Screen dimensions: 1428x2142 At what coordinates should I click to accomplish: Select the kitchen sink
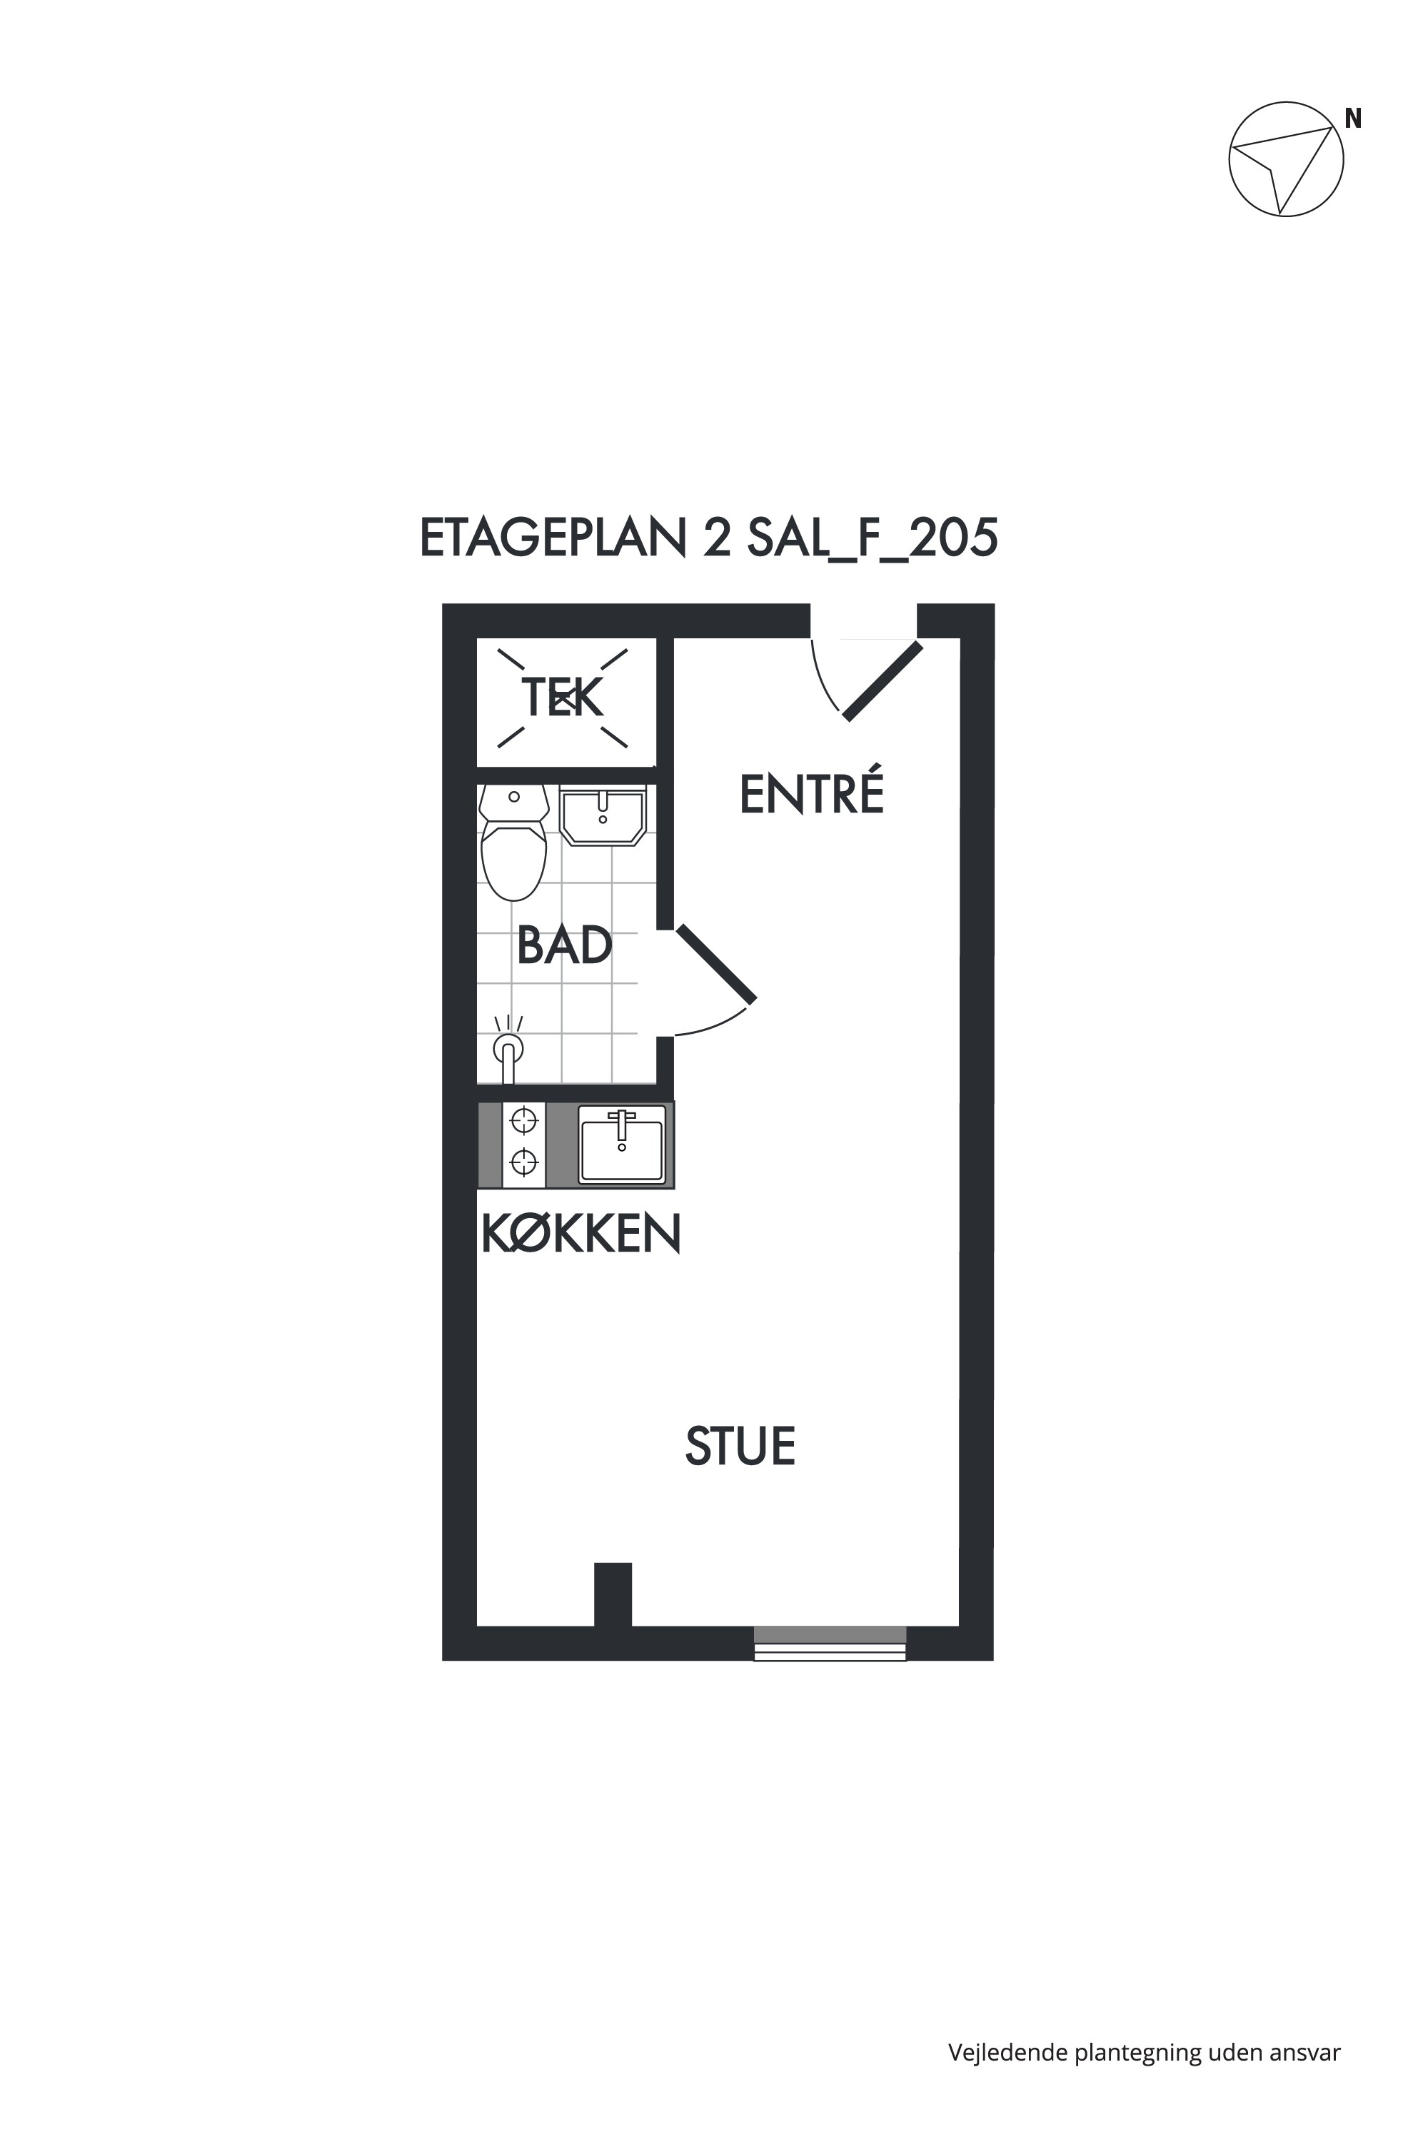[622, 1144]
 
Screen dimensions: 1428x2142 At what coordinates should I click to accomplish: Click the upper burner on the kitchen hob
[523, 1120]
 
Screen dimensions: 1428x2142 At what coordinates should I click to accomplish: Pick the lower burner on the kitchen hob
[523, 1162]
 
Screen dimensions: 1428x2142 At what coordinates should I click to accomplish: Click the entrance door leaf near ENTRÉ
[883, 682]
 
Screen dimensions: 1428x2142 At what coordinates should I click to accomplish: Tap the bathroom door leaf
[716, 963]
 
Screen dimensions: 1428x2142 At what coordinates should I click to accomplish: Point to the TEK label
[562, 698]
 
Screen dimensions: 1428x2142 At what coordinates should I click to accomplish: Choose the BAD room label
[565, 945]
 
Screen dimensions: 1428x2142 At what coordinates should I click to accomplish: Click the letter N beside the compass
[1353, 119]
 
